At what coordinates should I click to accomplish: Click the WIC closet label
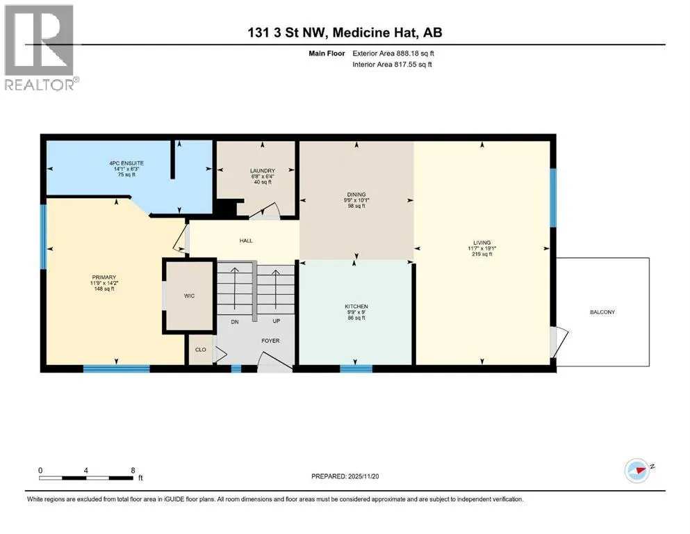coord(189,296)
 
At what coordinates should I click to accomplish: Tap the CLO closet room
coord(201,350)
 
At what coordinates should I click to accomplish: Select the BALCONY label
coord(602,312)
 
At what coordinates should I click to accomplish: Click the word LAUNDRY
coord(263,171)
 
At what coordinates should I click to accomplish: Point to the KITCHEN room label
coord(356,307)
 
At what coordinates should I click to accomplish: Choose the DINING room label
coord(356,195)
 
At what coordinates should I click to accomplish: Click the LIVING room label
coord(482,243)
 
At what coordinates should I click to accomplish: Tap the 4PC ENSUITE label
coord(126,163)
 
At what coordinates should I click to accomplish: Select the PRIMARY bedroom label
coord(104,277)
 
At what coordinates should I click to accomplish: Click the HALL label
coord(246,241)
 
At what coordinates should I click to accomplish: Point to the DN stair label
coord(235,322)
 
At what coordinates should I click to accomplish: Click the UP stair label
coord(277,321)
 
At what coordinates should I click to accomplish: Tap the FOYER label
coord(270,341)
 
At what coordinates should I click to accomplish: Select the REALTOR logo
coord(40,47)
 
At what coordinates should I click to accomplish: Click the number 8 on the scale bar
coord(133,470)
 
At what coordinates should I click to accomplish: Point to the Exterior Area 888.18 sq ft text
coord(393,54)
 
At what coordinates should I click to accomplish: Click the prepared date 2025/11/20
coord(363,476)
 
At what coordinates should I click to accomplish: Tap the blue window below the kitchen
coord(356,369)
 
